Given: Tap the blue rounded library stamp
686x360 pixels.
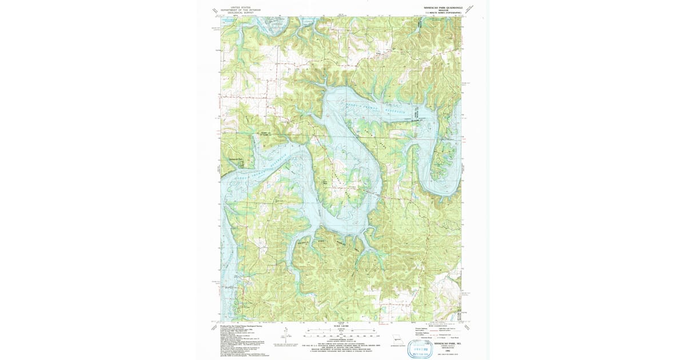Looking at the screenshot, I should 420,350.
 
